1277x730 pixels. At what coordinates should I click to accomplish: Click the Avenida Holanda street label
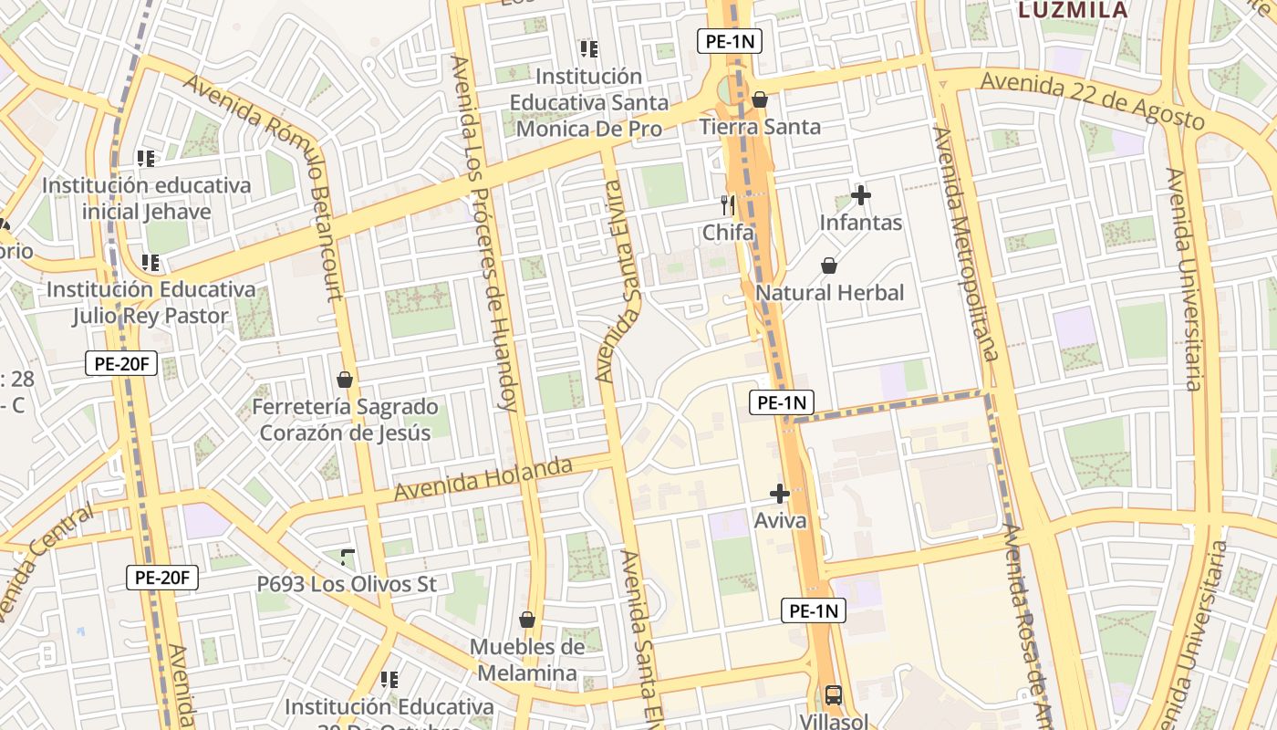[x=483, y=479]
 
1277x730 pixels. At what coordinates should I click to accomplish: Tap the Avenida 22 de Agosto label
[x=1092, y=101]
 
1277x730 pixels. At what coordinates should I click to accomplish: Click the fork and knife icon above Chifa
[x=727, y=204]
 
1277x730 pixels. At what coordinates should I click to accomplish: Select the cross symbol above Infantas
[x=860, y=195]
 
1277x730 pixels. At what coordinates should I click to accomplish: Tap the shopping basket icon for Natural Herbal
[x=829, y=266]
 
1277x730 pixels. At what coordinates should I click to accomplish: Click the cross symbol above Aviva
[x=779, y=494]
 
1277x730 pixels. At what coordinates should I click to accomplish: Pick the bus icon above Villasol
[x=833, y=694]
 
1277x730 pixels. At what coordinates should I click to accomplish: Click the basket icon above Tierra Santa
[x=759, y=99]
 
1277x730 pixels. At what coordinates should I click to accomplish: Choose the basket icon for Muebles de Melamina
[x=526, y=620]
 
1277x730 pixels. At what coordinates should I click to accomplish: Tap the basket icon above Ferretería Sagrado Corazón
[x=345, y=380]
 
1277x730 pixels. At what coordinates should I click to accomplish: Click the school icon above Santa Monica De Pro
[x=588, y=48]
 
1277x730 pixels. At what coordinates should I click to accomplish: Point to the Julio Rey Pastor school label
[x=151, y=302]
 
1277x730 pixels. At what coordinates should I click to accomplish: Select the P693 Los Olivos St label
[x=347, y=584]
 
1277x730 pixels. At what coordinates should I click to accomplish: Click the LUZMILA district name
[x=1072, y=10]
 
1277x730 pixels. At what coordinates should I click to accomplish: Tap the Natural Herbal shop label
[x=830, y=293]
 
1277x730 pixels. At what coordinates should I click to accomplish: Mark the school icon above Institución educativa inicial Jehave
[x=145, y=159]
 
